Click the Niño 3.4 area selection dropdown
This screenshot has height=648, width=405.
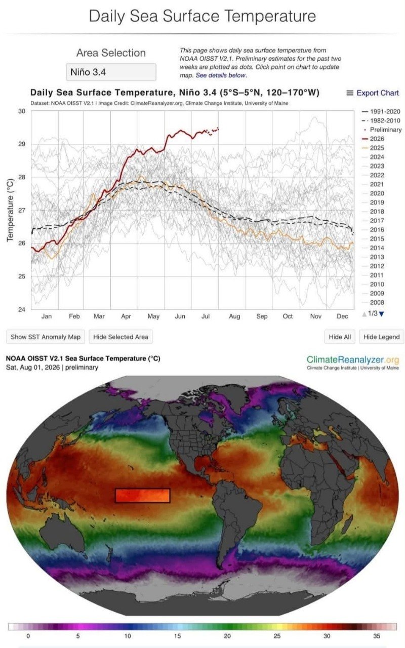[x=111, y=72]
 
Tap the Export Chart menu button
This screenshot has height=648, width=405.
[x=373, y=93]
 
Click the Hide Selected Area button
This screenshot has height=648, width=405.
[x=120, y=337]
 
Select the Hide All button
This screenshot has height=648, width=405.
[x=340, y=337]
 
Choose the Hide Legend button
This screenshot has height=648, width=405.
[x=382, y=337]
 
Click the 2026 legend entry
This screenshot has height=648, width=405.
[x=373, y=139]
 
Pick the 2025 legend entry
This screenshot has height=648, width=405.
[x=373, y=148]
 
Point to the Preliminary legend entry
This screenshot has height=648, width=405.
[x=383, y=130]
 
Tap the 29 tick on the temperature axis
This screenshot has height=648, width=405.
[x=22, y=144]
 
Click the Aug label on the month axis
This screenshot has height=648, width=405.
[x=234, y=316]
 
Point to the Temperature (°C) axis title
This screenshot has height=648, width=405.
[x=10, y=210]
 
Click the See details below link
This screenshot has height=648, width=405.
[x=221, y=75]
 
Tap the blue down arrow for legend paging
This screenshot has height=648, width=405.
[x=381, y=314]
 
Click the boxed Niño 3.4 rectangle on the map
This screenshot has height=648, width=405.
[x=143, y=496]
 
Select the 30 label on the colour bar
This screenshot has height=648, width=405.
[x=327, y=636]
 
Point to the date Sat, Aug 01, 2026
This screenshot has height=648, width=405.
[x=33, y=368]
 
